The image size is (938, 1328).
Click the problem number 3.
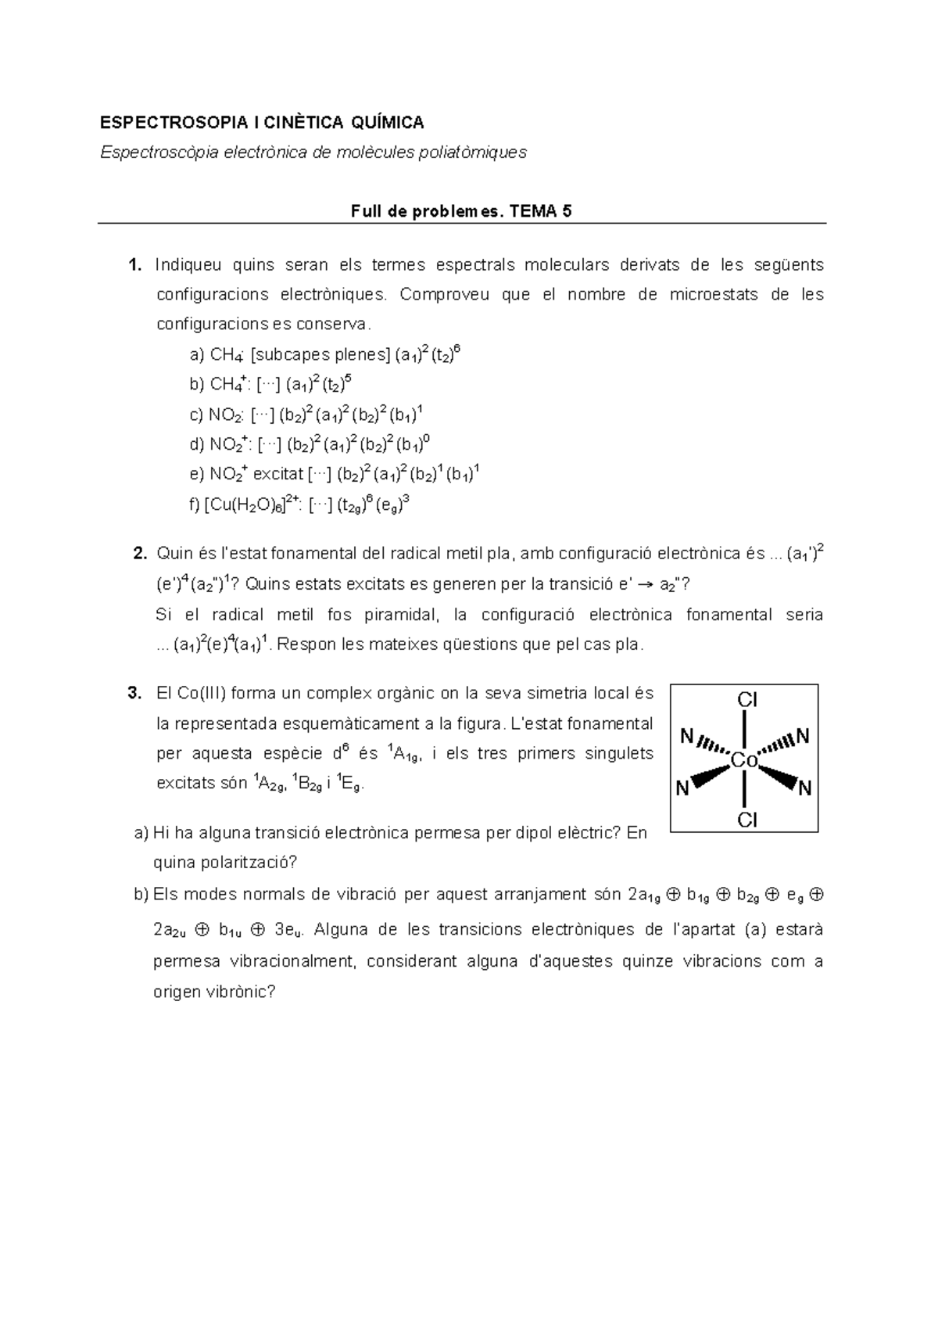point(134,693)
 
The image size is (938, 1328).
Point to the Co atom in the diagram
point(744,759)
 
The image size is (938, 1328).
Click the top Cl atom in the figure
point(748,700)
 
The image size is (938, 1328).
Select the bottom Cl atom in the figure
point(748,820)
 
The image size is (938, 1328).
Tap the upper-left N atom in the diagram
point(686,736)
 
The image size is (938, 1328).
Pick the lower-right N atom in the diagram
point(804,788)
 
